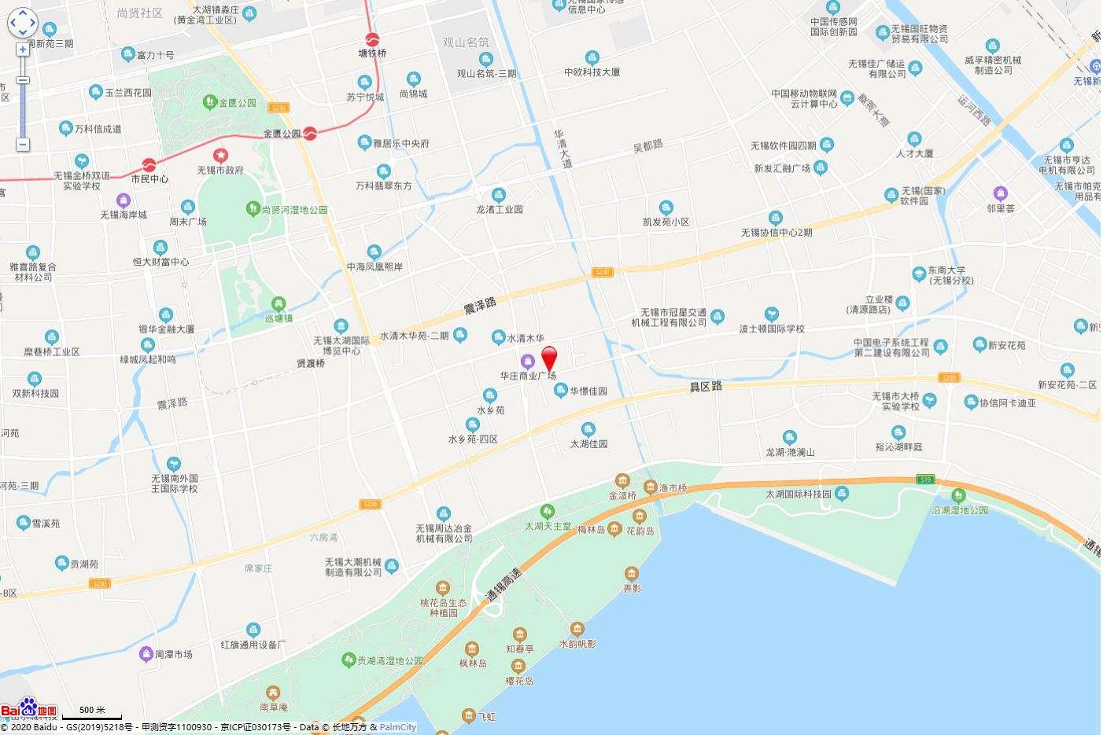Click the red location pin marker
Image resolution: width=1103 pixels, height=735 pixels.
click(x=550, y=358)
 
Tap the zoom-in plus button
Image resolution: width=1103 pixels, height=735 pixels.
click(x=23, y=50)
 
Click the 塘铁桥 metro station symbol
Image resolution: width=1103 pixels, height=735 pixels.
click(x=372, y=39)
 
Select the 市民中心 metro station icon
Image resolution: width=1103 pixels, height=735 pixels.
click(x=149, y=165)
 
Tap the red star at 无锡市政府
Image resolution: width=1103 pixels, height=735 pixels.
click(x=220, y=156)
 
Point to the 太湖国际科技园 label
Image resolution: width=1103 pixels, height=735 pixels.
click(x=799, y=494)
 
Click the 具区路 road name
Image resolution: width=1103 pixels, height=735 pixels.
click(x=706, y=386)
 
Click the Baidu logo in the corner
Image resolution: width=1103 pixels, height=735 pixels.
click(x=28, y=709)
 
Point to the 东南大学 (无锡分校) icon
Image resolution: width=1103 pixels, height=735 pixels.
click(x=918, y=274)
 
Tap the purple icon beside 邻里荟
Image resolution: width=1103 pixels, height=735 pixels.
click(x=1000, y=193)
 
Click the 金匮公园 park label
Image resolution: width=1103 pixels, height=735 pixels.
click(x=238, y=103)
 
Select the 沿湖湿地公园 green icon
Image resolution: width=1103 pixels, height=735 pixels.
click(x=958, y=495)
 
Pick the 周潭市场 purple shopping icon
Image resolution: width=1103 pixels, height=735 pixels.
click(x=146, y=653)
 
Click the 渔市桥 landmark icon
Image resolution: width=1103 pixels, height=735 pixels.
click(x=651, y=487)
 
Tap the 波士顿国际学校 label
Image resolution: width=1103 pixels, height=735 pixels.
click(x=772, y=329)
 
